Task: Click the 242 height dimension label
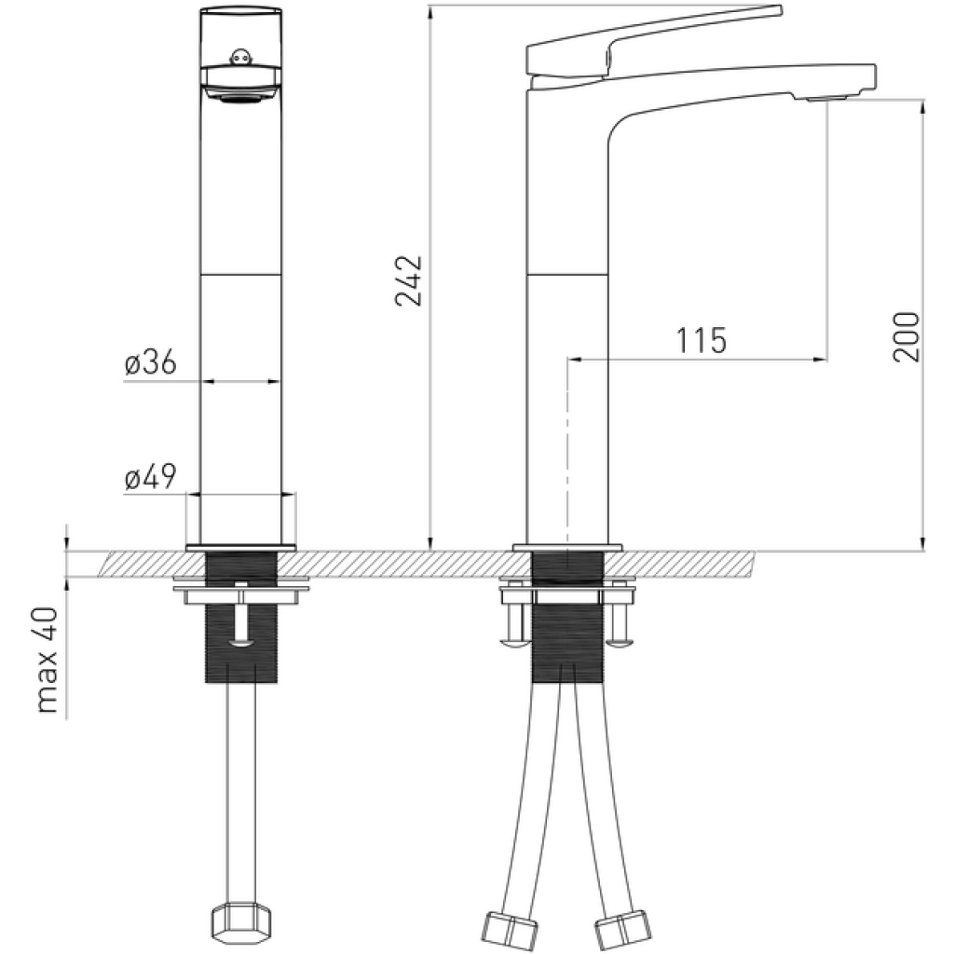pos(409,280)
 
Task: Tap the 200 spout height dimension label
pos(906,336)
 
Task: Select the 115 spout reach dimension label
pos(702,340)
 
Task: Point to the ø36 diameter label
pos(150,362)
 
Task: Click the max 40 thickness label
pos(48,660)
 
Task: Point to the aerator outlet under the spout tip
pos(825,98)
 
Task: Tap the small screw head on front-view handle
pos(241,57)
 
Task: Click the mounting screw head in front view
pos(241,643)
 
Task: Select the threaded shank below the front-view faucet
pos(241,617)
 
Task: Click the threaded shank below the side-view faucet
pos(568,617)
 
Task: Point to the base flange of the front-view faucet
pos(241,547)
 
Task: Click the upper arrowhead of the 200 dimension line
pos(923,106)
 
